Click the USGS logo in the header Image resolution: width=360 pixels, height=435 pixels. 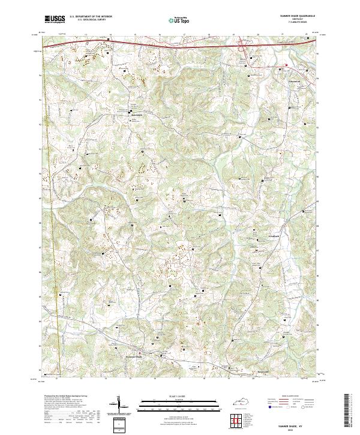55,20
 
